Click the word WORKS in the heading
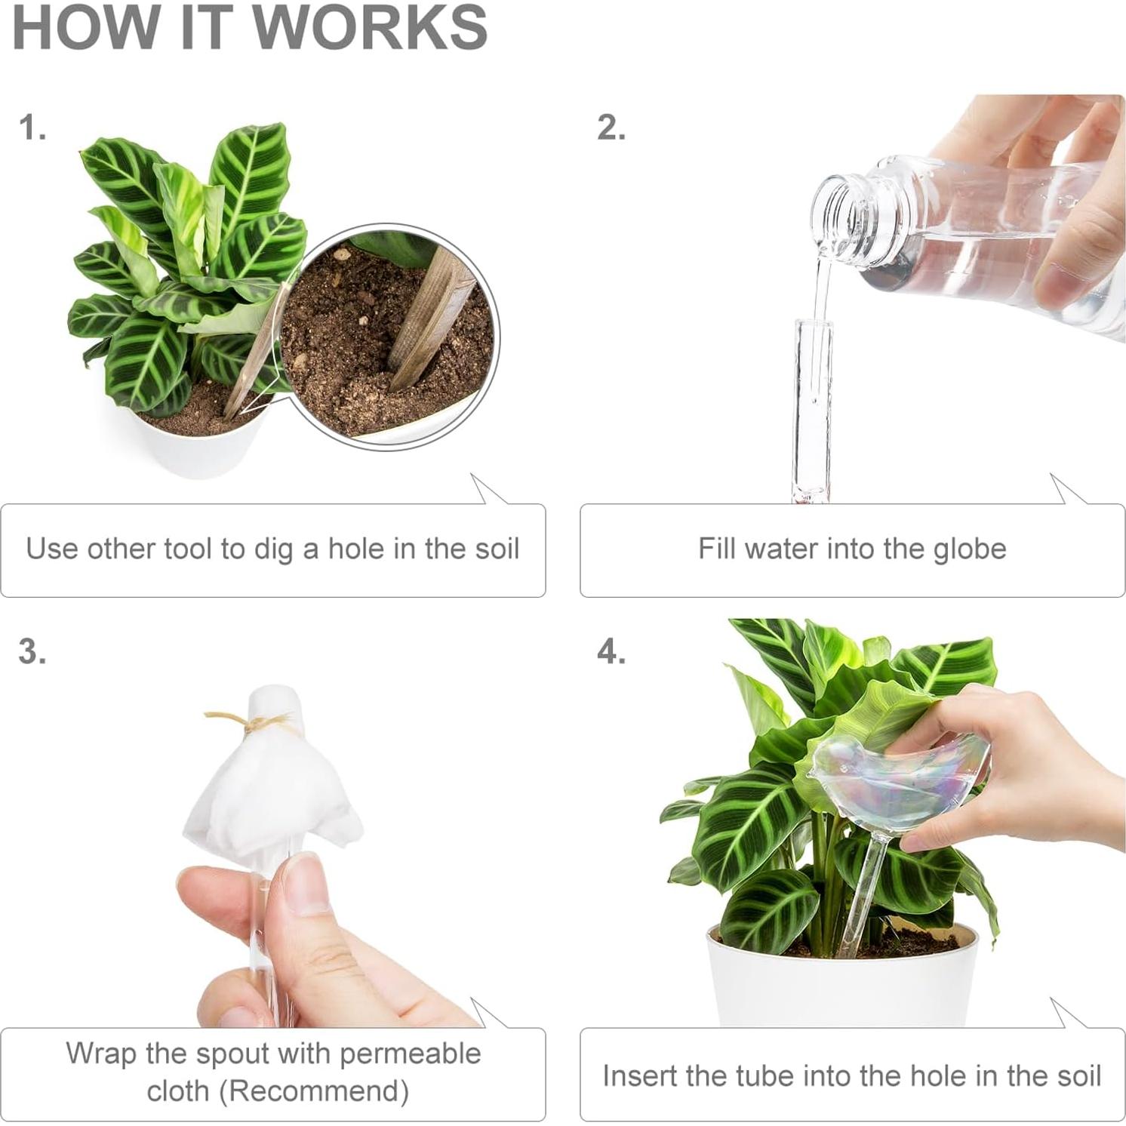(x=370, y=28)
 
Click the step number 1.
(x=32, y=128)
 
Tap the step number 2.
(x=611, y=128)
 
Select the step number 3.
(x=32, y=651)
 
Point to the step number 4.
(x=611, y=651)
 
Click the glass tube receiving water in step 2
(x=812, y=408)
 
